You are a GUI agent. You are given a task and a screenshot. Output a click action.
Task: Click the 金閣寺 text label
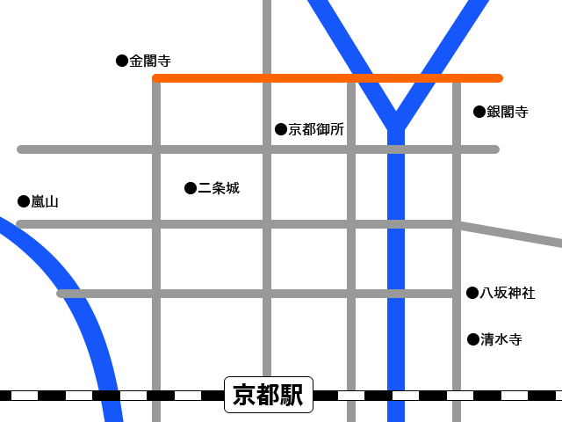coord(150,61)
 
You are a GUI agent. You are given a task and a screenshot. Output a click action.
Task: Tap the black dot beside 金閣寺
coord(122,61)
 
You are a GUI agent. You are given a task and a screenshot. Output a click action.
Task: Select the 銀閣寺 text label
coord(508,112)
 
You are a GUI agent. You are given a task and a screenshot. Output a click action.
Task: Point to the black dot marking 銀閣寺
coord(479,112)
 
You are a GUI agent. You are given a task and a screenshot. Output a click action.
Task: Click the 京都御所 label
coord(316,129)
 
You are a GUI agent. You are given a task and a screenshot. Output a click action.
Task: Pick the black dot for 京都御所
coord(281,129)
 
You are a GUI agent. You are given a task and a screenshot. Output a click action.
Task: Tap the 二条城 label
coord(219,188)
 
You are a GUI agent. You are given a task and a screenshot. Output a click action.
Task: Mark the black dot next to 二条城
coord(191,188)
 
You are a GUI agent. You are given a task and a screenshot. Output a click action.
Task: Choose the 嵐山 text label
coord(45,201)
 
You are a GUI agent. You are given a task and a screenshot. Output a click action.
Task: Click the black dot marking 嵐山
coord(24,201)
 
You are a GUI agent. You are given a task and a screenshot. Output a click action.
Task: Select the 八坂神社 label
coord(508,293)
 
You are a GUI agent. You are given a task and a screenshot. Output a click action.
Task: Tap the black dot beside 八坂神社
coord(472,293)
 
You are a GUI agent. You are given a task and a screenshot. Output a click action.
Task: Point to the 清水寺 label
coord(501,339)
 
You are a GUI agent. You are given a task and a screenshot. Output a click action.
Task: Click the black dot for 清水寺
coord(473,339)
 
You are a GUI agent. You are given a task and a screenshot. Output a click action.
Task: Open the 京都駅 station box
coord(269,395)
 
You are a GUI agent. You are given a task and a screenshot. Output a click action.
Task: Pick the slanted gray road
coord(514,234)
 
